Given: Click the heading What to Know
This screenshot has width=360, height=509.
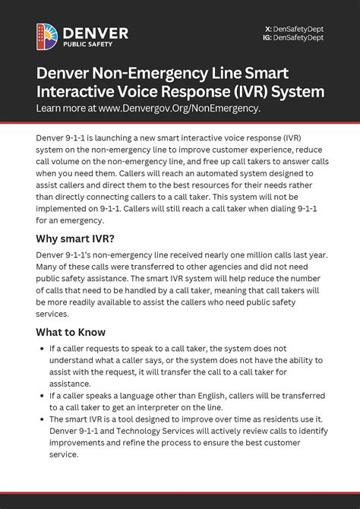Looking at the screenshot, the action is (71, 332).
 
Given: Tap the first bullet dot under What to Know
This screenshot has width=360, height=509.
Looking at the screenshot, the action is (40, 349).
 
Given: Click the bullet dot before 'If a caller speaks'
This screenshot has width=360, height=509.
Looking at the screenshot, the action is (40, 396).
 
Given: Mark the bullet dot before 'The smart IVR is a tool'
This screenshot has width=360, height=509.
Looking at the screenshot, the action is (40, 419).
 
